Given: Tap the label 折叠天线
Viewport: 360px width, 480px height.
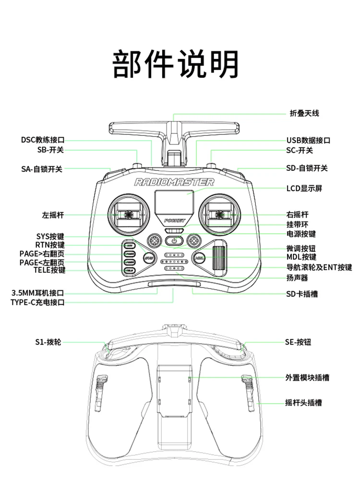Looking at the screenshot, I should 304,113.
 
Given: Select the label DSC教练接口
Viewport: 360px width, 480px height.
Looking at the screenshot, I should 42,140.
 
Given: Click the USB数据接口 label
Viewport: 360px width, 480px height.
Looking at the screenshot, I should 308,140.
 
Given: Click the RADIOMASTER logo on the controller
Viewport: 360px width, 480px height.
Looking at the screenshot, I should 174,182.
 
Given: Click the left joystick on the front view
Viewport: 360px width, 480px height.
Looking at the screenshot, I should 128,214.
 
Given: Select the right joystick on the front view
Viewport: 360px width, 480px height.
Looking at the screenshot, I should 220,214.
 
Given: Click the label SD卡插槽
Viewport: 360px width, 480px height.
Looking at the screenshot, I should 302,293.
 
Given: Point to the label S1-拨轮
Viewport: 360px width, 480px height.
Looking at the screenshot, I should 48,342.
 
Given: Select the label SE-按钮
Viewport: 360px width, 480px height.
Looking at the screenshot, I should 298,342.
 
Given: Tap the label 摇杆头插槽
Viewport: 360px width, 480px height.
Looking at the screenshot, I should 303,402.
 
